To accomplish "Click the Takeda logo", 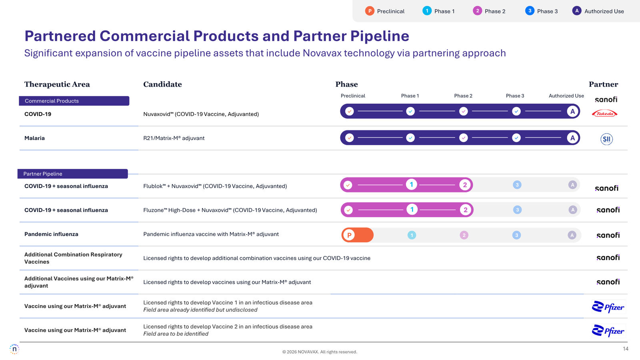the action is point(604,114).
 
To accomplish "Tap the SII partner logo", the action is point(606,139).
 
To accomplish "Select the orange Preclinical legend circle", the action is point(370,11).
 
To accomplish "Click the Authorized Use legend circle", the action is point(576,11).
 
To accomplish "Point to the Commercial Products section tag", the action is point(74,101).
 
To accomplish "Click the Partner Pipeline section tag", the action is point(72,174).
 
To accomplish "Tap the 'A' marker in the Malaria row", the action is point(572,138).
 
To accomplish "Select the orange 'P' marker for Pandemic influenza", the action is point(349,235).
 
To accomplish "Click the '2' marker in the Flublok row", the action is point(464,185).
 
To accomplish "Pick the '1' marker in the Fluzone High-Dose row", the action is point(412,210).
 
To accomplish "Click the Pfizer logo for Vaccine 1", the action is point(608,307).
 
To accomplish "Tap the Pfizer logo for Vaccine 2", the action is point(608,331).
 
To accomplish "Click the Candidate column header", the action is point(162,84).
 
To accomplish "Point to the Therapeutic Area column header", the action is point(57,84).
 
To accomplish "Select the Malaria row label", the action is point(34,138).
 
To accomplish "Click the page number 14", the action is point(626,349).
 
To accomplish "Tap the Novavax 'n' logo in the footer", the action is point(14,349).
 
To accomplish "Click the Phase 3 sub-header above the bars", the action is point(515,96).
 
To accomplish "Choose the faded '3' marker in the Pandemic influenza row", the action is point(516,235).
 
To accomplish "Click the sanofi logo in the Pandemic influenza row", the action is point(608,235).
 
